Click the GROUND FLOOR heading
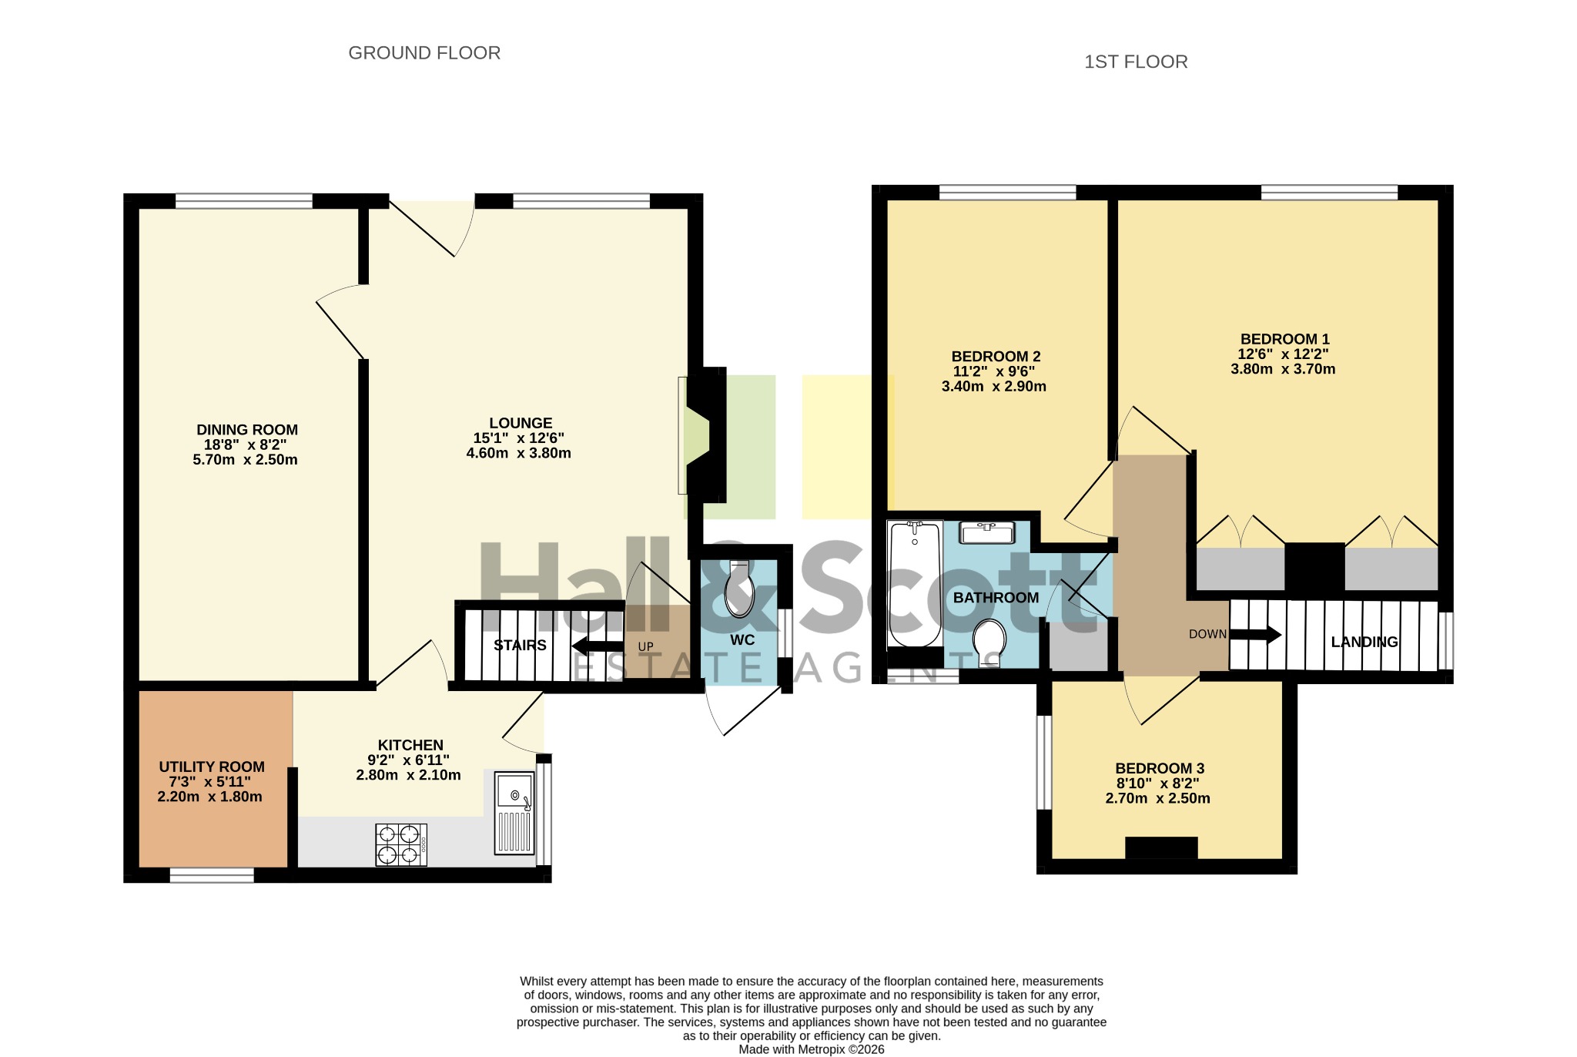[424, 53]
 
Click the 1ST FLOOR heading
[1136, 62]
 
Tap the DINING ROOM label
[247, 430]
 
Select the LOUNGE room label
[521, 423]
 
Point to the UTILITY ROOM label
[212, 767]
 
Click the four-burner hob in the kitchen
[401, 844]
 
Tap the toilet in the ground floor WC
[739, 589]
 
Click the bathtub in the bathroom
[915, 584]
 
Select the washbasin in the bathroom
[988, 532]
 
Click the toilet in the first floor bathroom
[989, 641]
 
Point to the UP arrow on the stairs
[598, 646]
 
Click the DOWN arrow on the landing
[1255, 635]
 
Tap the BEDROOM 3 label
[1160, 768]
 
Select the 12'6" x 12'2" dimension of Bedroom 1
[1283, 354]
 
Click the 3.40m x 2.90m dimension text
[994, 387]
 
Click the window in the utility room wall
[212, 875]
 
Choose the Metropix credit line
[812, 1049]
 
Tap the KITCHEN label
[410, 745]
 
